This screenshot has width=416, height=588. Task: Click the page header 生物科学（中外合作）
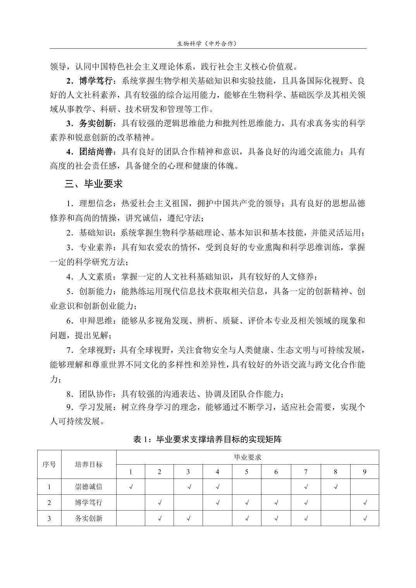(x=207, y=44)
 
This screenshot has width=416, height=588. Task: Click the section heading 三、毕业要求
(x=94, y=184)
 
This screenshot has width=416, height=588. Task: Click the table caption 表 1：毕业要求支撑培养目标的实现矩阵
(x=208, y=439)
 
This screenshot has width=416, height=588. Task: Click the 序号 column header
(x=49, y=464)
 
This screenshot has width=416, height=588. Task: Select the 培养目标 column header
(x=89, y=464)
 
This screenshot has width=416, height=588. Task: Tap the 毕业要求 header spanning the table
(x=248, y=457)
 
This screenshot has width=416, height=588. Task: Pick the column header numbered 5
(x=247, y=472)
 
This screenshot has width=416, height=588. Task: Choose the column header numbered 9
(x=365, y=472)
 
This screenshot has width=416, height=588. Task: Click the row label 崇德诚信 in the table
(x=89, y=487)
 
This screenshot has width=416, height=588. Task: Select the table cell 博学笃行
(x=89, y=503)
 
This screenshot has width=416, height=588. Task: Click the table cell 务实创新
(x=89, y=518)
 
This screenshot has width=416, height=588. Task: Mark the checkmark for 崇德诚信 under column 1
(x=131, y=487)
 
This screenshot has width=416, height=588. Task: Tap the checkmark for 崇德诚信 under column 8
(x=335, y=487)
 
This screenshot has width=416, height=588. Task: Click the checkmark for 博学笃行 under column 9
(x=365, y=503)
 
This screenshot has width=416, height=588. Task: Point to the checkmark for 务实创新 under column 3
(x=189, y=519)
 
